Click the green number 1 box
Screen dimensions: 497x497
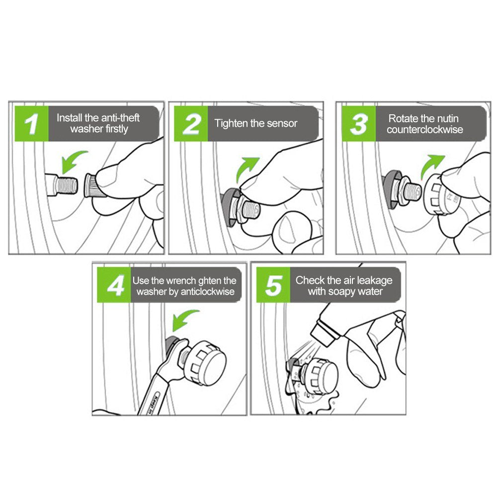(x=31, y=124)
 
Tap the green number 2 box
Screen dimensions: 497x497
(x=191, y=124)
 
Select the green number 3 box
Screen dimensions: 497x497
(x=359, y=124)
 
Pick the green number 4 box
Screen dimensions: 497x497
(x=114, y=285)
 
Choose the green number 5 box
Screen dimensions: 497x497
(x=273, y=285)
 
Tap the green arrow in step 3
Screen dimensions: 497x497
(x=431, y=167)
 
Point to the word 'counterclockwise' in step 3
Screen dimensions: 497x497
(x=425, y=130)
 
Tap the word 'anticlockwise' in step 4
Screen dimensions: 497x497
(x=208, y=292)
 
